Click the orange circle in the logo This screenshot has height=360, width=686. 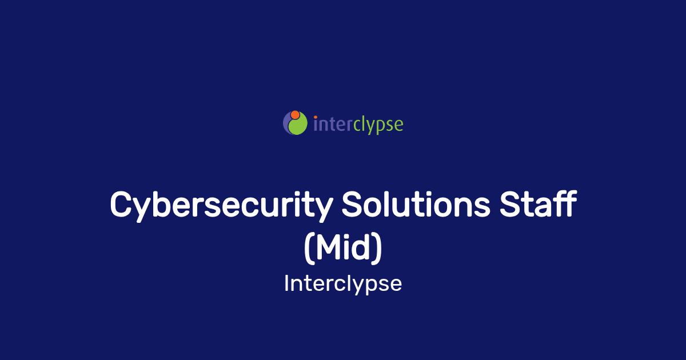295,115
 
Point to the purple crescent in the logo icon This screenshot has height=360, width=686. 286,123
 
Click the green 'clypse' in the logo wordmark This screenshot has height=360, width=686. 378,125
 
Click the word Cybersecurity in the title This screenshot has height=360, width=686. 221,205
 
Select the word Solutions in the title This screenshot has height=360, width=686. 416,204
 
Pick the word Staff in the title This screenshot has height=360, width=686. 538,203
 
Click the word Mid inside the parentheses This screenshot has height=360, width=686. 343,247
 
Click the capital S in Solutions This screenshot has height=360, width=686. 353,204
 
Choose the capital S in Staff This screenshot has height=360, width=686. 510,204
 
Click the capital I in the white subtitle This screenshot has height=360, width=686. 286,283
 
